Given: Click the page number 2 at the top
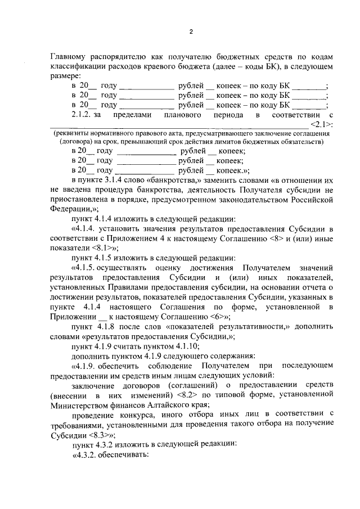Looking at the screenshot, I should pyautogui.click(x=191, y=31).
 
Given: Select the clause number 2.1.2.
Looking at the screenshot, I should pyautogui.click(x=84, y=115).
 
